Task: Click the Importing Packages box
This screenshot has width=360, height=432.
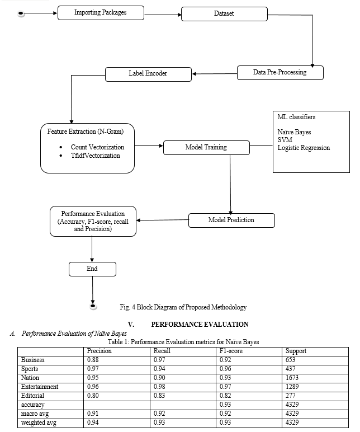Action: [x=101, y=13]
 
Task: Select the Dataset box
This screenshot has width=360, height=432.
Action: [x=224, y=14]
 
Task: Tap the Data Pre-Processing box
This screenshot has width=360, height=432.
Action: [x=280, y=73]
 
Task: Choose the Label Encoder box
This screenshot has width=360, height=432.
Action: [x=148, y=74]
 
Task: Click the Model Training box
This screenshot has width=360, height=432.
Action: [x=206, y=148]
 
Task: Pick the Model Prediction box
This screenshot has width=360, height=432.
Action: [x=231, y=220]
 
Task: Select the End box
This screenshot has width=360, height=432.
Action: [x=92, y=269]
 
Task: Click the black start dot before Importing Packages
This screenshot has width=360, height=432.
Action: [x=21, y=13]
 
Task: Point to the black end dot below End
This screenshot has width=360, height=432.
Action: [x=93, y=306]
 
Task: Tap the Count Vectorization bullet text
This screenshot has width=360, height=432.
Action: [x=97, y=147]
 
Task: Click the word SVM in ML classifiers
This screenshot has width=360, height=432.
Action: [x=285, y=140]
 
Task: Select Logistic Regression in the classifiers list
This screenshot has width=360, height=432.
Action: [x=304, y=148]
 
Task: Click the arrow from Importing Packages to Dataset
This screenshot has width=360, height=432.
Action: [x=163, y=15]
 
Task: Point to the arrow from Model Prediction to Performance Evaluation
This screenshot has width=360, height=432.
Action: [x=162, y=220]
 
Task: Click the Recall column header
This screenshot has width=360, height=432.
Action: [x=162, y=351]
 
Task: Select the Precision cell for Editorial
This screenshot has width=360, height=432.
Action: [x=93, y=396]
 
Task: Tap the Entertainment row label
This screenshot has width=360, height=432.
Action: [x=40, y=387]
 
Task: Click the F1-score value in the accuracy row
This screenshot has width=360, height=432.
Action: [x=225, y=405]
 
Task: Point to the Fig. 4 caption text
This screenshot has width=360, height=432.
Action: [x=183, y=307]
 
